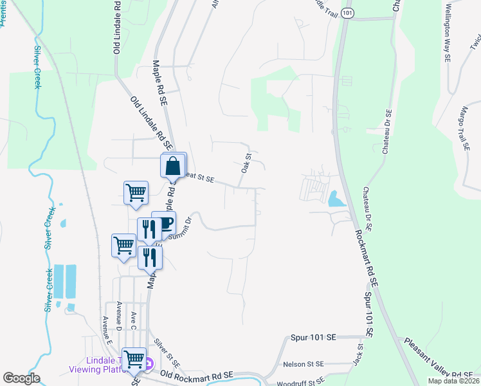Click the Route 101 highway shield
click(347, 14)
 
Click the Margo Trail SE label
click(464, 129)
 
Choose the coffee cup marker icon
click(165, 224)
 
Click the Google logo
click(21, 378)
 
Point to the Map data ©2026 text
click(454, 381)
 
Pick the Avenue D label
click(119, 314)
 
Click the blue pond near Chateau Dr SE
click(335, 199)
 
